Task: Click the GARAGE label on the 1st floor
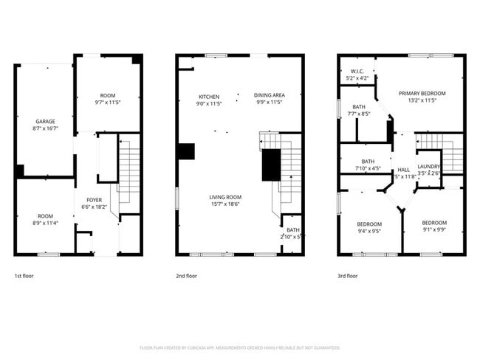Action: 46,121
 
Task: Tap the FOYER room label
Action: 95,199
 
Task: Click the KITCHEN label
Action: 209,97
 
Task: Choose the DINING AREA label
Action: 270,95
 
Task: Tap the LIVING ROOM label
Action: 224,197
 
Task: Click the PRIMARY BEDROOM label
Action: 422,93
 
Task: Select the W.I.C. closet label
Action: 357,71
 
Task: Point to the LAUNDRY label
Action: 429,167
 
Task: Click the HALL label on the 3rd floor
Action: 403,169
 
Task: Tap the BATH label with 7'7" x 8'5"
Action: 359,106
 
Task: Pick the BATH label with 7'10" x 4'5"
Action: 367,162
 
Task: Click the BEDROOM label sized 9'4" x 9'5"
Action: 369,224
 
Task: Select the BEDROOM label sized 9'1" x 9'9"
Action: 434,222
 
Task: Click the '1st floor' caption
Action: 24,276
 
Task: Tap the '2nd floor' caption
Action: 186,276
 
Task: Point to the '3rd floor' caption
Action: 347,276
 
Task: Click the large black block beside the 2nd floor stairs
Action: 272,165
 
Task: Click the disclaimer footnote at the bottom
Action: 239,347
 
